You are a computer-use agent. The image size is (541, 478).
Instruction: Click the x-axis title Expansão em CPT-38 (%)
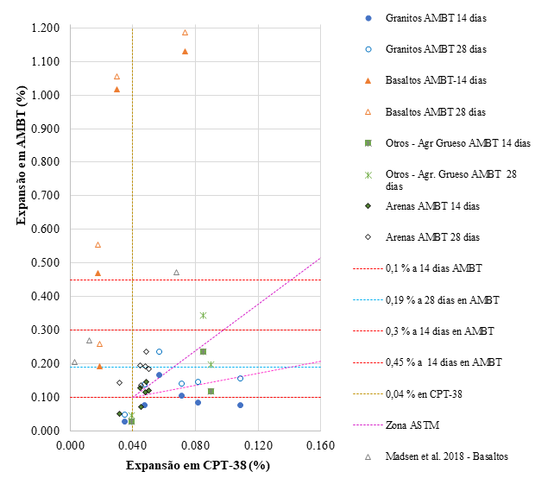point(195,465)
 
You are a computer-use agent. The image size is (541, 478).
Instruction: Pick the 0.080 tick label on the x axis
point(195,445)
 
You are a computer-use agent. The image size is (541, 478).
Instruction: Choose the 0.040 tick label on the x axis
point(132,445)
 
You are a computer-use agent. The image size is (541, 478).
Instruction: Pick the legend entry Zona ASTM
point(413,425)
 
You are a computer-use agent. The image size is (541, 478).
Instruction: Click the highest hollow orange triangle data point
point(185,33)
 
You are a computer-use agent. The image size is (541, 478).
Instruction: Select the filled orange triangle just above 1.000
point(116,89)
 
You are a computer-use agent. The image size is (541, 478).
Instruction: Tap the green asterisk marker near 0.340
point(203,315)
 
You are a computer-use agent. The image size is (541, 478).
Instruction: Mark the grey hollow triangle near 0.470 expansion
point(176,273)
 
